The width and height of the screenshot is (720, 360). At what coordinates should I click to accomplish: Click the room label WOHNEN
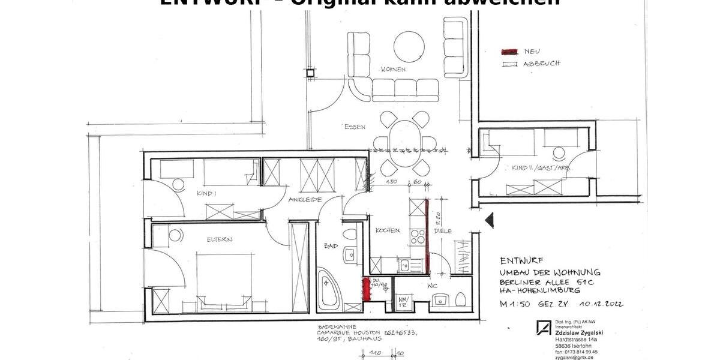[393, 70]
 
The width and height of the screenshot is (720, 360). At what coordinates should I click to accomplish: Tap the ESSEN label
[355, 127]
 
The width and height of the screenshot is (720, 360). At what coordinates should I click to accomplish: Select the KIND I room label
[206, 194]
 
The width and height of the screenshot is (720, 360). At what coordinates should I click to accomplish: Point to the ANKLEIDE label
[305, 199]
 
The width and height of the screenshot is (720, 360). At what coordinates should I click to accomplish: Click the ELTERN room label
[220, 239]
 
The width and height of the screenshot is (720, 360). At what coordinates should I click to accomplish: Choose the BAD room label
[331, 245]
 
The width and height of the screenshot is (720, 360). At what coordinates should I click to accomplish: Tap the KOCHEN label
[388, 230]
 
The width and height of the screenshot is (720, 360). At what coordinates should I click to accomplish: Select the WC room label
[433, 286]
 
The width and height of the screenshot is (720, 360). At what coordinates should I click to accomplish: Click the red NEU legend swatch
[510, 52]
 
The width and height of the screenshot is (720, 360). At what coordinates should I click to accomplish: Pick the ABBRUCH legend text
[542, 64]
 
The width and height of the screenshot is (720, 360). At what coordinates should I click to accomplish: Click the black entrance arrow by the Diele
[489, 220]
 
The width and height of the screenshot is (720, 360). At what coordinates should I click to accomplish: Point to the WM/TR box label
[403, 301]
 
